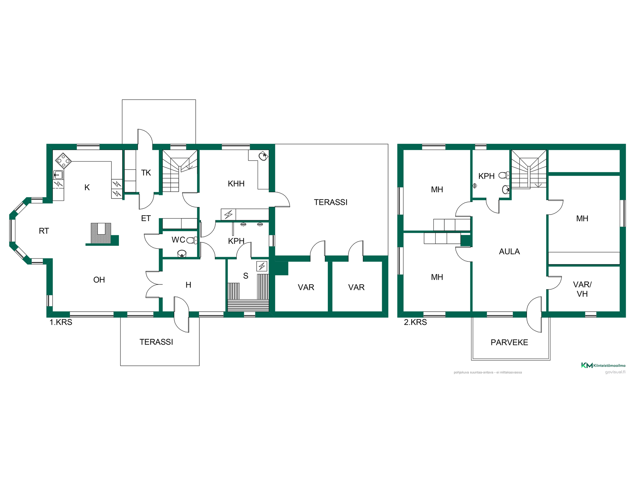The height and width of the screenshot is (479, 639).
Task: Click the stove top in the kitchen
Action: (63, 161)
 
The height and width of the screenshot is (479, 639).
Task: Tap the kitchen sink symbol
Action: (58, 175)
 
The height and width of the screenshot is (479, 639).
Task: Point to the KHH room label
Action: (236, 184)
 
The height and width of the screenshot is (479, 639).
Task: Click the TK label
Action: (146, 173)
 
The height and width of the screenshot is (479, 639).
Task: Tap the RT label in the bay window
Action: (44, 231)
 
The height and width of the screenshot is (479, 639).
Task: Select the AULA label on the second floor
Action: (509, 251)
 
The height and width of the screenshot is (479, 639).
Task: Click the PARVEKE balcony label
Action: (509, 342)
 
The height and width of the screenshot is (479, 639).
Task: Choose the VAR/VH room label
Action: (582, 289)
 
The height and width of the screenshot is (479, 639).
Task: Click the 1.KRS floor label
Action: (61, 322)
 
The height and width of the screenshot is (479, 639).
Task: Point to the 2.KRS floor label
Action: (415, 322)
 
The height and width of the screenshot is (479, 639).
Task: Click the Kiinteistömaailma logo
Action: (603, 365)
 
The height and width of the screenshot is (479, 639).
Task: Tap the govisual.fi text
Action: (615, 372)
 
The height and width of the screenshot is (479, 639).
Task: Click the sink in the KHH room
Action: (263, 156)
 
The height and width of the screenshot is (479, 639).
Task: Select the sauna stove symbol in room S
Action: (262, 266)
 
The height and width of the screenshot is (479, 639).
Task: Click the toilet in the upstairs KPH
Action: (504, 175)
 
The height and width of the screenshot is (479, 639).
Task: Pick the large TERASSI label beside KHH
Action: (330, 202)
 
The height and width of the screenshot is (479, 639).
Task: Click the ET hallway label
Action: (146, 218)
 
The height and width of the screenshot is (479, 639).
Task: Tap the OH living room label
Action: (99, 280)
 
